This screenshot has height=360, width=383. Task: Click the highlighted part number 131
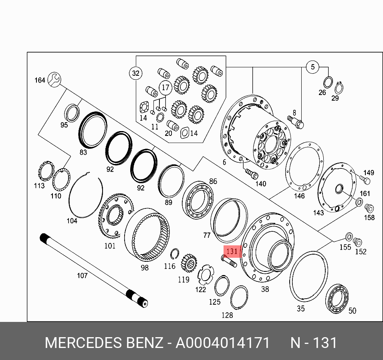click(232, 251)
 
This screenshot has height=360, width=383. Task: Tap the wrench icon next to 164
click(54, 79)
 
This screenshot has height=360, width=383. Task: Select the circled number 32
click(135, 73)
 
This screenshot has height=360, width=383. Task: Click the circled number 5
click(312, 67)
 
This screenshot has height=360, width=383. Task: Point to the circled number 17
click(165, 87)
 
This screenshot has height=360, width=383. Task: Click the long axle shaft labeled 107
click(94, 270)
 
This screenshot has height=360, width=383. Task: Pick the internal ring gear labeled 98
click(147, 235)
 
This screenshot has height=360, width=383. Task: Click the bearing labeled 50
click(337, 299)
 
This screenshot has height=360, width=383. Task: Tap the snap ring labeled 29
click(339, 88)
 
